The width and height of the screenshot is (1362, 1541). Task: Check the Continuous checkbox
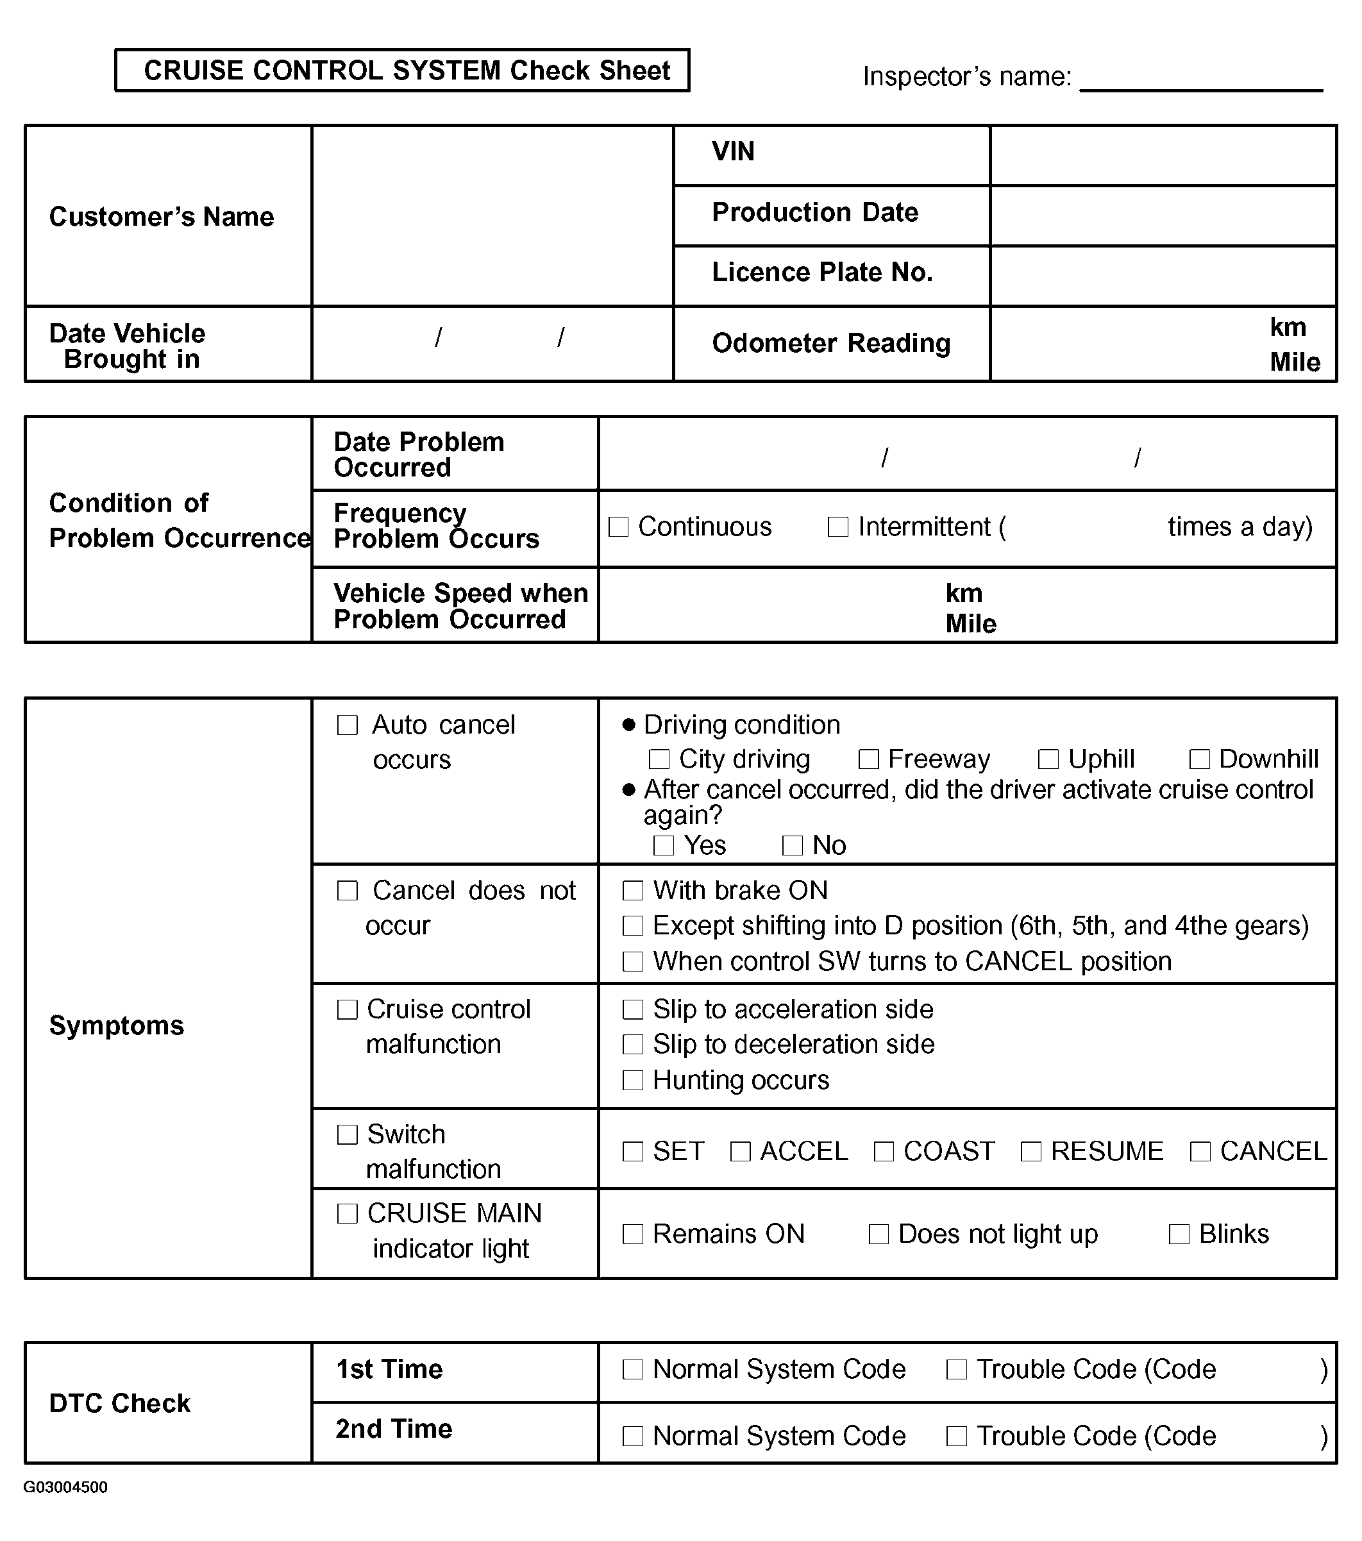(618, 526)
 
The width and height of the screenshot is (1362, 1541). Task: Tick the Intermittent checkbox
(837, 526)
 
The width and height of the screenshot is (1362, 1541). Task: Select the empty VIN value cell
(1163, 155)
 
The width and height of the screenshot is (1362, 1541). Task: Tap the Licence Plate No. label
(821, 272)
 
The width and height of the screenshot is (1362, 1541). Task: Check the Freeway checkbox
(868, 759)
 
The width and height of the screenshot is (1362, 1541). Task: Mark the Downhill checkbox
(1199, 759)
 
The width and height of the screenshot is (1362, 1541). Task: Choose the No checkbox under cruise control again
(792, 845)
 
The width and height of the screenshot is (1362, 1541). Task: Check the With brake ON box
(632, 890)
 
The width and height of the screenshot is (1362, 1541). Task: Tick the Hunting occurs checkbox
(632, 1081)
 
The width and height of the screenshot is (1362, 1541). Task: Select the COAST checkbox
(884, 1151)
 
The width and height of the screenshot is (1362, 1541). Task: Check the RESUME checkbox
(1030, 1151)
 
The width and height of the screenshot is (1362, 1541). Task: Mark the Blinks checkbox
(1179, 1234)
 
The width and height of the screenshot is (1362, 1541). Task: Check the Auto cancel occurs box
(347, 725)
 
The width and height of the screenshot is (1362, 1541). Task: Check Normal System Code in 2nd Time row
(632, 1436)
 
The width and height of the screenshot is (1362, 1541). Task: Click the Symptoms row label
(116, 1025)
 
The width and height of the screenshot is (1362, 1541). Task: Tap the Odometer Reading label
(830, 343)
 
